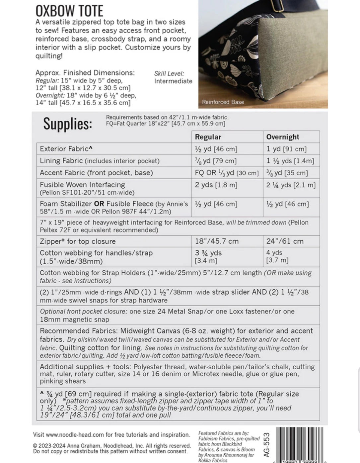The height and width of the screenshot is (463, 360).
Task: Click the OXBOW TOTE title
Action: point(69,11)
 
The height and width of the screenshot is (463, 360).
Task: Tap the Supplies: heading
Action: point(67,124)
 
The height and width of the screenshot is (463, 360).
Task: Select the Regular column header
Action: point(208,137)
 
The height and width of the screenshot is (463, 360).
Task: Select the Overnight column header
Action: point(283,137)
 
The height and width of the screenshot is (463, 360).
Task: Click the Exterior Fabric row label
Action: point(66,149)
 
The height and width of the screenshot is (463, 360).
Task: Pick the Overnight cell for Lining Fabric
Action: point(290,161)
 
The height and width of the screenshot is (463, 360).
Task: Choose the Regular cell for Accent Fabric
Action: point(227,173)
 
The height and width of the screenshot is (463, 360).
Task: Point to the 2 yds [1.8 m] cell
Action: point(216,185)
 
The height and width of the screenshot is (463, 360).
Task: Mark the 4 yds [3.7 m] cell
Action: point(277,256)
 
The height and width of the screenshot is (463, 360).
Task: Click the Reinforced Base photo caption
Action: point(223,102)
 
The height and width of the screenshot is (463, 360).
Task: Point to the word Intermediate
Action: point(173,81)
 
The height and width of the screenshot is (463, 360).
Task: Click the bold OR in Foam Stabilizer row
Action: point(99,204)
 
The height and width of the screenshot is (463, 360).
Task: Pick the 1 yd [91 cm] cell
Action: point(286,149)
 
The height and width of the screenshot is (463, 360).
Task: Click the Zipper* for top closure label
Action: point(78,241)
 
